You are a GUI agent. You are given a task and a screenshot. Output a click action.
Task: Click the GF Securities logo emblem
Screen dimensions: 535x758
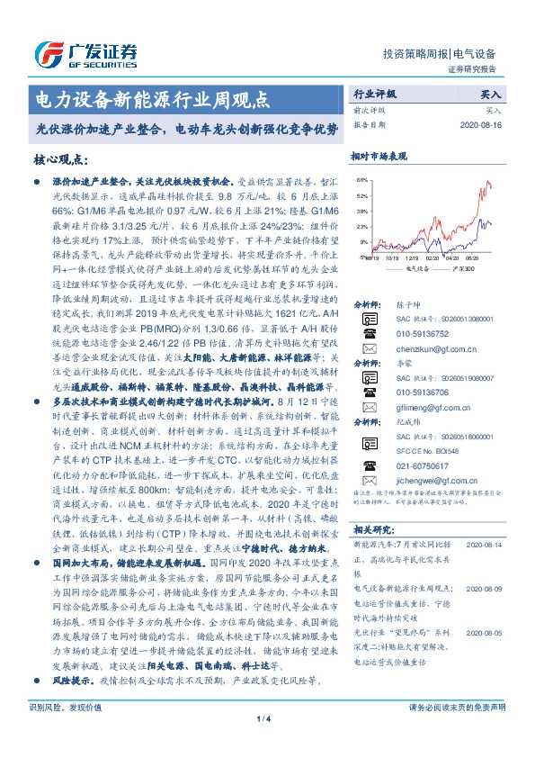pyautogui.click(x=42, y=53)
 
